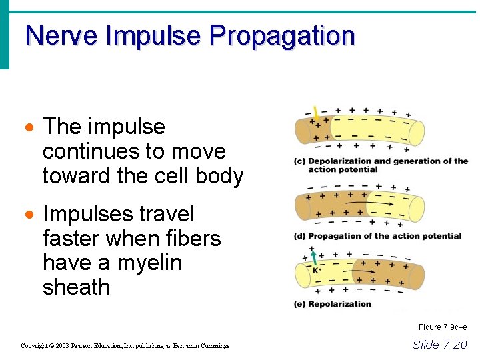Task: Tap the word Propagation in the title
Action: coord(281,37)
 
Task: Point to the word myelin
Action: coord(149,263)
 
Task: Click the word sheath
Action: coord(76,287)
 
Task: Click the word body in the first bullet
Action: coord(219,175)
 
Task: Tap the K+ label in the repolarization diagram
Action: coord(317,271)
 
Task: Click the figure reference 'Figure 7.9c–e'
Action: coord(443,327)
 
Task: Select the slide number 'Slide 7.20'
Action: coord(440,345)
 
